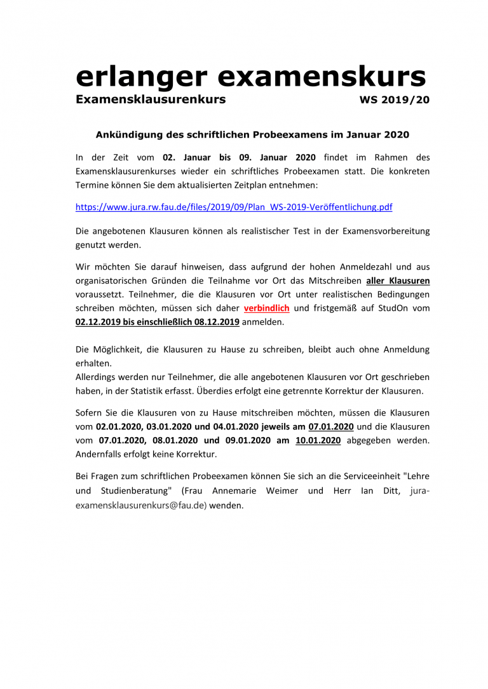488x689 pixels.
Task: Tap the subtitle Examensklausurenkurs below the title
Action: click(x=150, y=100)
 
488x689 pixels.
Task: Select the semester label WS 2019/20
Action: click(x=395, y=100)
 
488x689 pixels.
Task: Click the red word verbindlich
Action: click(x=266, y=308)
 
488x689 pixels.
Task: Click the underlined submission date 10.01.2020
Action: click(x=318, y=440)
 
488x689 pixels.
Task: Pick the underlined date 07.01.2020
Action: click(x=330, y=426)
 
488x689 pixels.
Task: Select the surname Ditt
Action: click(x=386, y=490)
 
